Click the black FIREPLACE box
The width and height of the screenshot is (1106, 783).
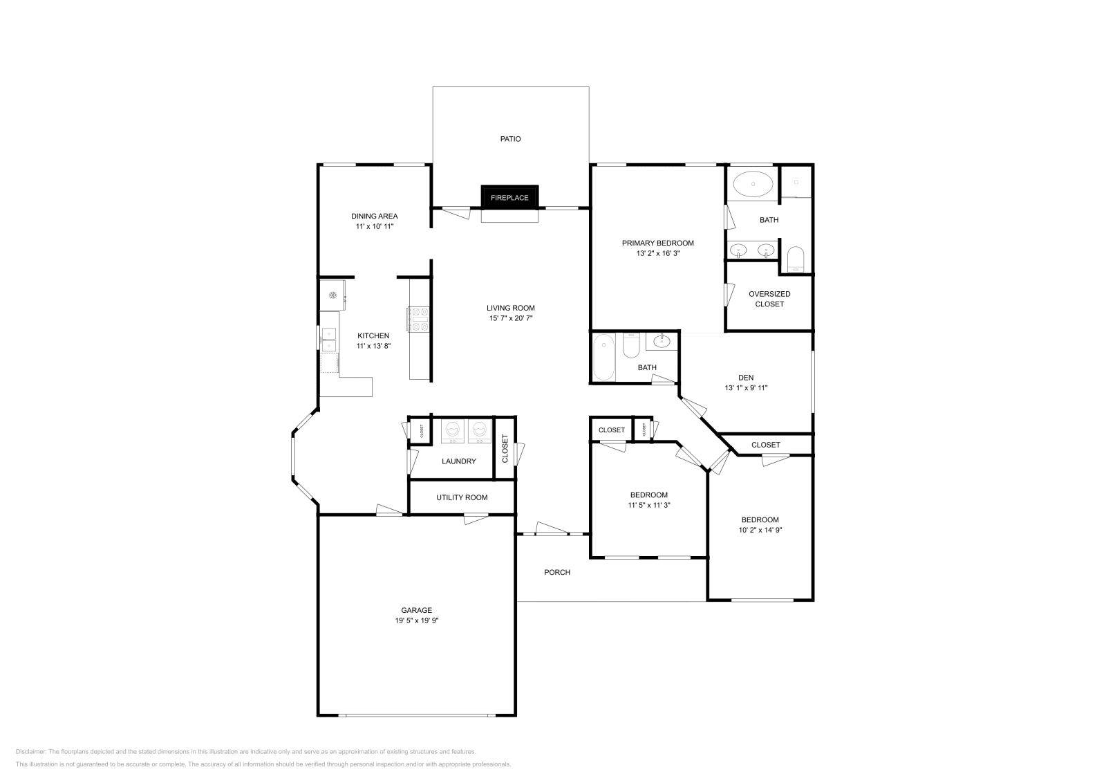[509, 197]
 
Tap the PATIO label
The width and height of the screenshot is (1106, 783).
[510, 139]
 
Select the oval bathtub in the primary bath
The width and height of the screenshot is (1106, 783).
[753, 184]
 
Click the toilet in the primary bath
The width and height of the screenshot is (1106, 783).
[796, 259]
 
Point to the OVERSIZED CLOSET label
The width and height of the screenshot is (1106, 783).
[769, 299]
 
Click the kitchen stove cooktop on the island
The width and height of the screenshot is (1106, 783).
[419, 320]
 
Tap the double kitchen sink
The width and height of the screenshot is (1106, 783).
[329, 339]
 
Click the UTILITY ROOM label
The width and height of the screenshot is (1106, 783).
[462, 497]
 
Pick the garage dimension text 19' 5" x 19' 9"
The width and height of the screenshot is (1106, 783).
[417, 620]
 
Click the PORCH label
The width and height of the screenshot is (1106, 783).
[557, 572]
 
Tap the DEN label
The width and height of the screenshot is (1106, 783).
[746, 378]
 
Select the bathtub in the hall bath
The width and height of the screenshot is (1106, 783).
[603, 356]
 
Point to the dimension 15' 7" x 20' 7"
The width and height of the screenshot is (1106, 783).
[510, 318]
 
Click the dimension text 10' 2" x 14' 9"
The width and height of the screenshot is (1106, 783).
[760, 530]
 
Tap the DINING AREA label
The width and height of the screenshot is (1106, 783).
[374, 216]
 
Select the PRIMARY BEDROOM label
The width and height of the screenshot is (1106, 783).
[657, 243]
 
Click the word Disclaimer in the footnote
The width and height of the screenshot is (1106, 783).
[31, 751]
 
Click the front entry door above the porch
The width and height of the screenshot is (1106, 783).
[552, 530]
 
